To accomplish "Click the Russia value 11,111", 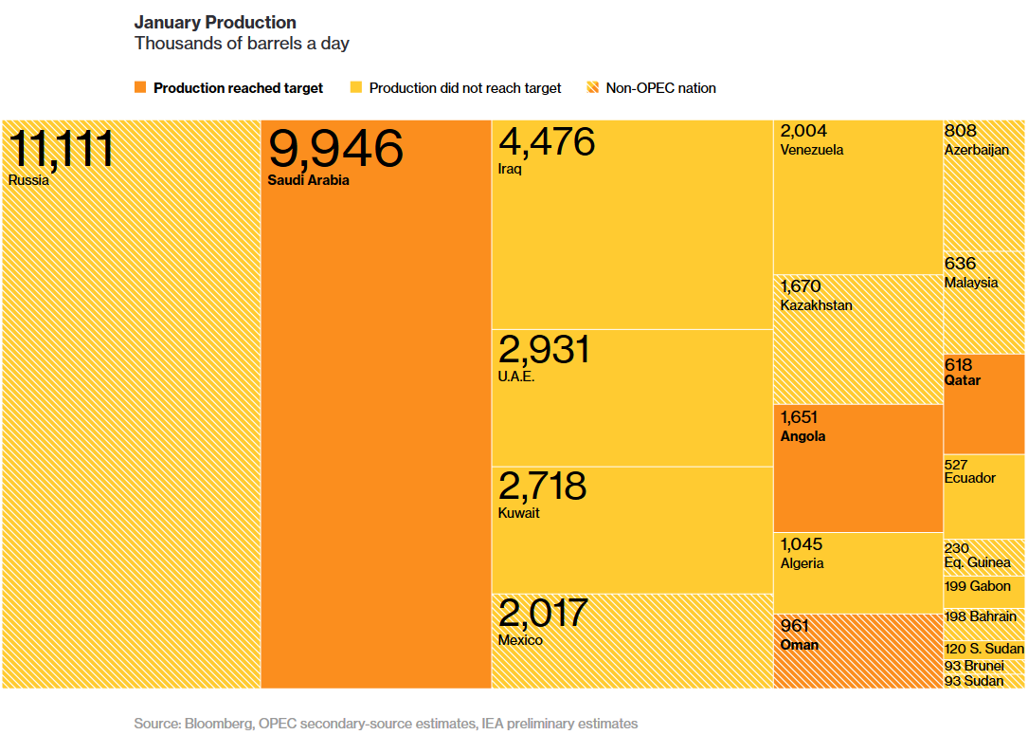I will [61, 149].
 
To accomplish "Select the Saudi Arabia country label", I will [308, 180].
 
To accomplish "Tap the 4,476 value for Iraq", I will [547, 141].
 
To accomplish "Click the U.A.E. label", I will [516, 377].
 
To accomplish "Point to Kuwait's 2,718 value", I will [542, 487].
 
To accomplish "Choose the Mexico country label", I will [520, 640].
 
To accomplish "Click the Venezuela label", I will [811, 150].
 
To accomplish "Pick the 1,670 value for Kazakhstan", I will [801, 286].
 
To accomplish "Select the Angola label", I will [803, 436].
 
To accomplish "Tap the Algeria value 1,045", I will [802, 544].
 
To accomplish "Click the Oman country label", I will [799, 645].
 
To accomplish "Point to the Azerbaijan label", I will [976, 150].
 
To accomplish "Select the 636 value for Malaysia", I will [960, 264].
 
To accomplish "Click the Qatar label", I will [963, 380].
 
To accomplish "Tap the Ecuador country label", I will [969, 478].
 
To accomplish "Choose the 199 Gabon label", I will [978, 586].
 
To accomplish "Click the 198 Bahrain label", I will [981, 617].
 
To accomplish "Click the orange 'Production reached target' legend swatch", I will [140, 88].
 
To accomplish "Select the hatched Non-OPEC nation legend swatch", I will [593, 88].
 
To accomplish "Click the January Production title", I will [215, 23].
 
